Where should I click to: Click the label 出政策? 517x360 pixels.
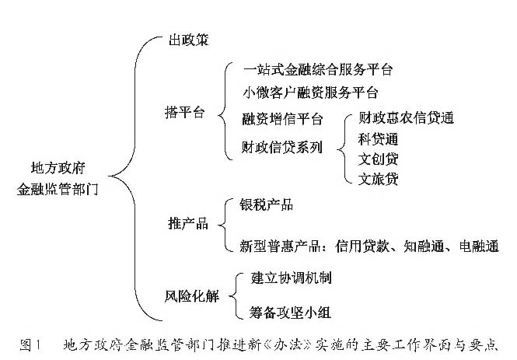click(189, 40)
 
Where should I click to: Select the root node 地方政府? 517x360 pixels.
click(58, 168)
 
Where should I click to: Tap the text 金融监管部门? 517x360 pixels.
click(58, 189)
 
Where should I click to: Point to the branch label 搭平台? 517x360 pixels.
click(185, 113)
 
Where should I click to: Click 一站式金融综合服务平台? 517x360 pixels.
click(318, 69)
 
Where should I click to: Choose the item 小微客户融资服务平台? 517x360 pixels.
click(310, 93)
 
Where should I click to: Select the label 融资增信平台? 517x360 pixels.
click(282, 119)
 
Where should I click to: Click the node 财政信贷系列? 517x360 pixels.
click(282, 147)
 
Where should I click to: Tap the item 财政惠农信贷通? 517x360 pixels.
click(406, 117)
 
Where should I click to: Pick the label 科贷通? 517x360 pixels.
click(378, 139)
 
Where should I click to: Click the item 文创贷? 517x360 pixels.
click(378, 159)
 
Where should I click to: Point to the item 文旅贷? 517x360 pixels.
click(378, 179)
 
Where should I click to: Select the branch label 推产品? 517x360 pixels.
click(188, 223)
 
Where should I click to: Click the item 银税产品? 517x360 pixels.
click(266, 204)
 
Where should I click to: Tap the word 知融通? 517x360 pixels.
click(424, 246)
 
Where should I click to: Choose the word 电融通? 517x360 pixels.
click(479, 246)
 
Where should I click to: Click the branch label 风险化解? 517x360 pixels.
click(191, 296)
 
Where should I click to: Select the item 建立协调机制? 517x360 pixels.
click(291, 278)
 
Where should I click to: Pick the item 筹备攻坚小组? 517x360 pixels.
click(290, 312)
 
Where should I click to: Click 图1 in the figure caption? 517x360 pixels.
click(30, 345)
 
